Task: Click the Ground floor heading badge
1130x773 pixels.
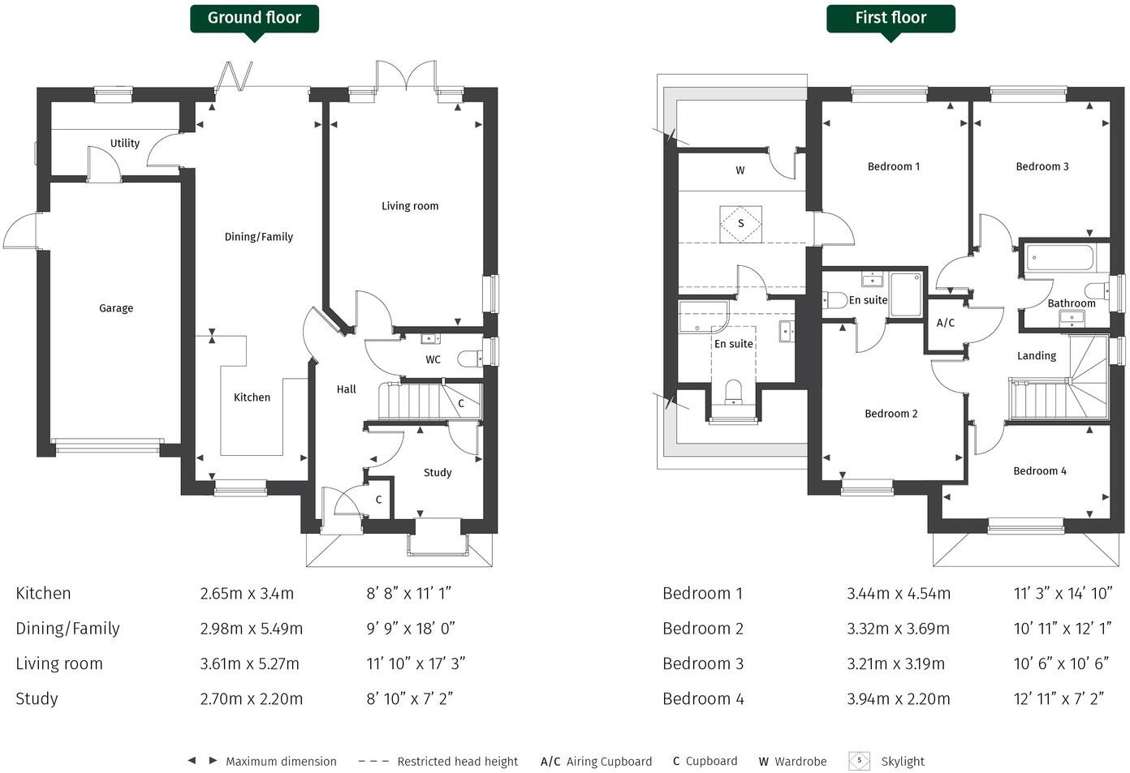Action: [x=254, y=18]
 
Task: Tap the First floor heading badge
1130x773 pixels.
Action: [x=891, y=18]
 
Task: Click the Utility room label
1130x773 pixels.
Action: [x=125, y=144]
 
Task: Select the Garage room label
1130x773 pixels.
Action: [x=116, y=308]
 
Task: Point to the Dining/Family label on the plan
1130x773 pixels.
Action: [x=258, y=237]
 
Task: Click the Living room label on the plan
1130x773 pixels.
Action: [x=410, y=206]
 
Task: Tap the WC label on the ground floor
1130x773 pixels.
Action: [x=433, y=359]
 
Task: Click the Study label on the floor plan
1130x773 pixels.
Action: [x=438, y=472]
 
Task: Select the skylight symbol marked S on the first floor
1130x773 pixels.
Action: [x=740, y=223]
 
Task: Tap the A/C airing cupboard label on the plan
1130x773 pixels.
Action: [x=946, y=323]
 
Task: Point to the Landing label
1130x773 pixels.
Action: [x=1037, y=355]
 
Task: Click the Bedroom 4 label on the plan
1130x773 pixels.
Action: [x=1040, y=470]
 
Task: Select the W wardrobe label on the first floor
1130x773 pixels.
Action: [x=740, y=170]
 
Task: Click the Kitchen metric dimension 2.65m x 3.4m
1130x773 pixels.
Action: [x=247, y=593]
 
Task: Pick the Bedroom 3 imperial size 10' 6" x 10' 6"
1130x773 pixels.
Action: [x=1061, y=663]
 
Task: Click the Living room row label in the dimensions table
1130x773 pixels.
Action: [x=59, y=663]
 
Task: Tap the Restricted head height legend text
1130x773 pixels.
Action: [x=457, y=761]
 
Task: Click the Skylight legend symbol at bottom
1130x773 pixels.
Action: [x=859, y=761]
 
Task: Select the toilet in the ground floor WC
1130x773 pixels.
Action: [x=468, y=359]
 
